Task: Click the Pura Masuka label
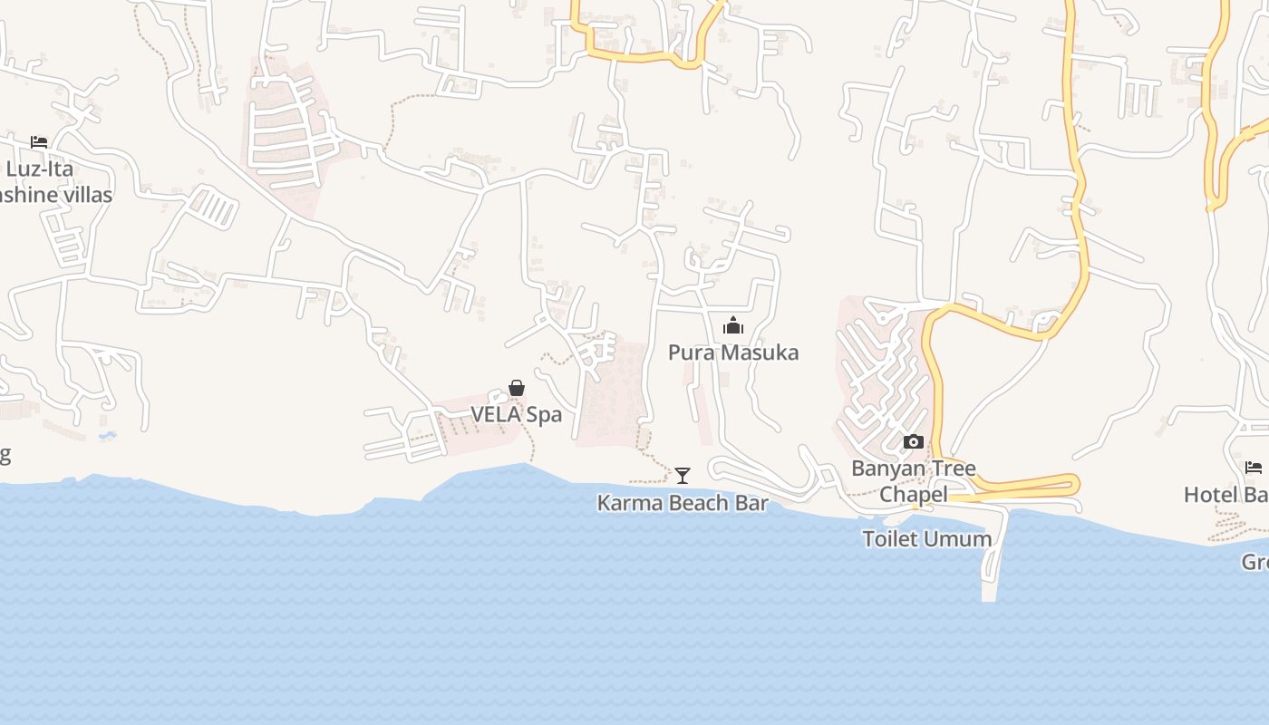(733, 353)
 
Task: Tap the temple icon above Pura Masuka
(733, 326)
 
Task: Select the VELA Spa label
(516, 414)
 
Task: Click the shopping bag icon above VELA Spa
(517, 389)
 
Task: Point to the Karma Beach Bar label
(683, 503)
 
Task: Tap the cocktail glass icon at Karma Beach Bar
(683, 475)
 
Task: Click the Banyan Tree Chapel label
(914, 481)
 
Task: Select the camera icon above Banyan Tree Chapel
(914, 442)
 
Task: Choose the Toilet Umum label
(927, 538)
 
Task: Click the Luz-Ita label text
(39, 169)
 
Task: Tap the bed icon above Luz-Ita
(39, 142)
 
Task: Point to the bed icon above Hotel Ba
(1254, 468)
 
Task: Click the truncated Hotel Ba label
(1225, 495)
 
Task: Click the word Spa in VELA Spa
(545, 414)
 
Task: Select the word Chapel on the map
(914, 495)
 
